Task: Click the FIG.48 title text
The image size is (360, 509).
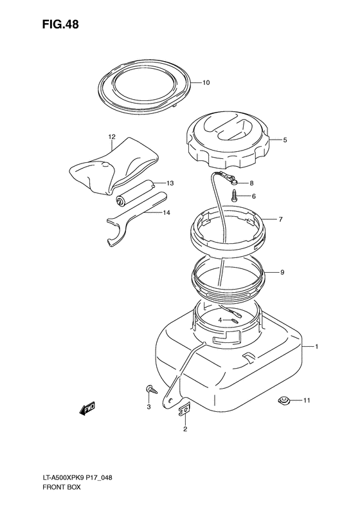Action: pyautogui.click(x=60, y=24)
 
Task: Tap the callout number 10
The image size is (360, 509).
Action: pyautogui.click(x=206, y=83)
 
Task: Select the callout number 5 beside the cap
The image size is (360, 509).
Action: pyautogui.click(x=285, y=140)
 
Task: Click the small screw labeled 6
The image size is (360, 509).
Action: pyautogui.click(x=234, y=196)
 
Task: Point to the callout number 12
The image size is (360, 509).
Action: pyautogui.click(x=112, y=137)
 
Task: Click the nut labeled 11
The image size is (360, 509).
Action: pyautogui.click(x=283, y=400)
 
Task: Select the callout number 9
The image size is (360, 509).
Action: pyautogui.click(x=282, y=272)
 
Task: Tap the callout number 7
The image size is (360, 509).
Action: pyautogui.click(x=280, y=219)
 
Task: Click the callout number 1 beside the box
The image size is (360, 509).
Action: pyautogui.click(x=316, y=347)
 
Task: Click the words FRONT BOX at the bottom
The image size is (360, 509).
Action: pyautogui.click(x=61, y=487)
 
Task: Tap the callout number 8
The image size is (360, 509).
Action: pyautogui.click(x=251, y=183)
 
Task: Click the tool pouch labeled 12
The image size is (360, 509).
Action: pyautogui.click(x=114, y=165)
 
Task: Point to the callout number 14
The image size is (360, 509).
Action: pyautogui.click(x=166, y=213)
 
